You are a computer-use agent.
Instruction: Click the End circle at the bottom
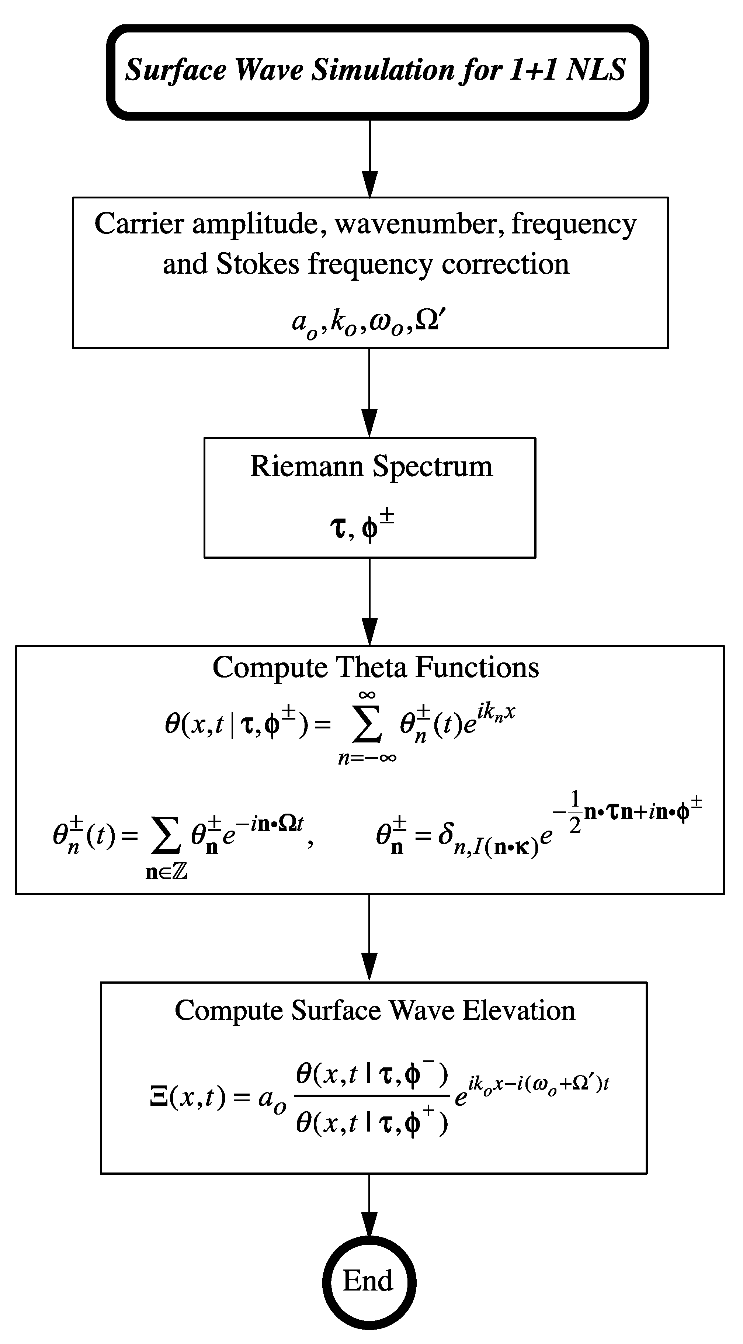coord(369,1281)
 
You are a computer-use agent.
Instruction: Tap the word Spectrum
coord(433,467)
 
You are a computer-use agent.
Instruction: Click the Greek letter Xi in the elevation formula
coord(158,1097)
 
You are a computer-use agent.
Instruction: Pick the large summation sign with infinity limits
coord(367,726)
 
